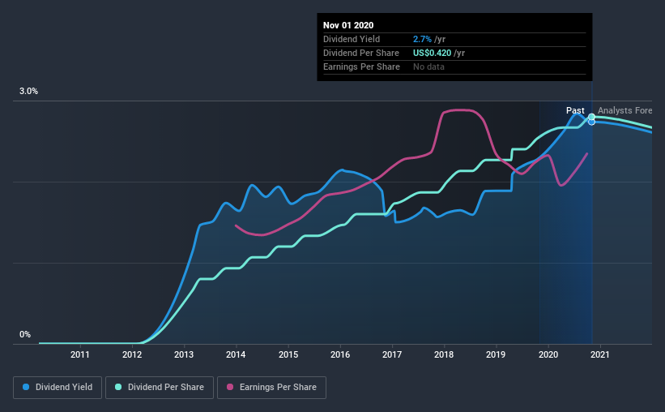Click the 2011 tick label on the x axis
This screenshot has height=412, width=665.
pos(79,354)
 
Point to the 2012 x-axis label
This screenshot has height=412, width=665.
pos(132,354)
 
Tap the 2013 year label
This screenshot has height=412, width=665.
pos(184,354)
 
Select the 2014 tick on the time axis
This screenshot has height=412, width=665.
pos(236,354)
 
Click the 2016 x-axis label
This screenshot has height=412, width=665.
pos(340,354)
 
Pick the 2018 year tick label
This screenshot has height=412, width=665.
pos(444,354)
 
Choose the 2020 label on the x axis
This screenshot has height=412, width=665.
pos(548,354)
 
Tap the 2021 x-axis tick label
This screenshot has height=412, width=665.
pos(600,354)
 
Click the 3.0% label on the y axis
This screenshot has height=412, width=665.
pos(29,92)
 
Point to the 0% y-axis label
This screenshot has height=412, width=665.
pos(25,334)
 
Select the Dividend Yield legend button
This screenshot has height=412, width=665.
pos(58,388)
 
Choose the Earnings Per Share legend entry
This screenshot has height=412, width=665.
pos(272,388)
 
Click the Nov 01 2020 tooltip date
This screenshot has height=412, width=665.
pos(348,25)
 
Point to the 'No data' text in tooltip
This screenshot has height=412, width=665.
pos(428,67)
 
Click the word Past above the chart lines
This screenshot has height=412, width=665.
pos(575,110)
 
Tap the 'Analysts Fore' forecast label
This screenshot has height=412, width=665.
pos(625,110)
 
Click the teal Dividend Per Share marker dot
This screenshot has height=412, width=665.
pos(591,117)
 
